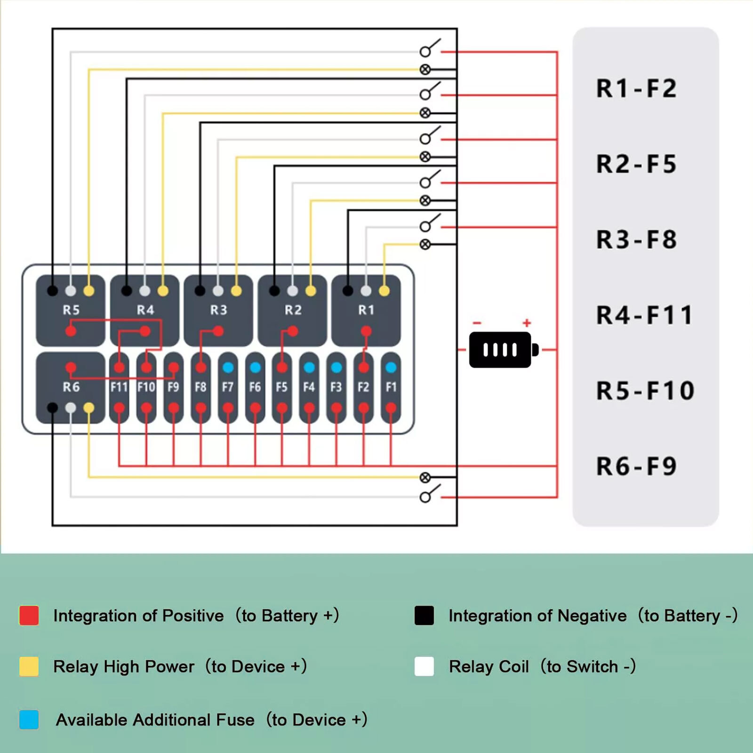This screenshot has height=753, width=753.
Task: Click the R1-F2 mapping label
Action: [636, 88]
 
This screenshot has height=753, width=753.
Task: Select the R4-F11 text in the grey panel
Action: [644, 315]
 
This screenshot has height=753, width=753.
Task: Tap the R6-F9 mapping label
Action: [636, 466]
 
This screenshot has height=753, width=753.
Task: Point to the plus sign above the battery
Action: [527, 323]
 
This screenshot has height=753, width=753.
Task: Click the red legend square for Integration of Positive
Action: [29, 616]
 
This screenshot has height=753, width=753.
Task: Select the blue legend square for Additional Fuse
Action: [29, 720]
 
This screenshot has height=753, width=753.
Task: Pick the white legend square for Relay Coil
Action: [424, 666]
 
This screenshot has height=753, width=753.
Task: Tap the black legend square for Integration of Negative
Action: [424, 616]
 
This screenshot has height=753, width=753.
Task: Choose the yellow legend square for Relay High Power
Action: [29, 666]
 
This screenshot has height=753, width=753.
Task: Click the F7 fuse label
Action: [228, 387]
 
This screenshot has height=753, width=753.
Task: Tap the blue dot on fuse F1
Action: [391, 367]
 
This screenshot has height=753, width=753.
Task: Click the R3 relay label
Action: [218, 310]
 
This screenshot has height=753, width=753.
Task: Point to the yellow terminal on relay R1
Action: [384, 291]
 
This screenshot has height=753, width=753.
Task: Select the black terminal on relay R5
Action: [53, 291]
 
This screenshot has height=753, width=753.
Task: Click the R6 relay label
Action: [71, 387]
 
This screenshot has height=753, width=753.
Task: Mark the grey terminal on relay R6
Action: [71, 408]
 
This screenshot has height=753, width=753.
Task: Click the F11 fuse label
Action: [119, 387]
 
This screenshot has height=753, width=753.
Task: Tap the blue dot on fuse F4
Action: [309, 367]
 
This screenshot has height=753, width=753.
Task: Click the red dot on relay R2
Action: [292, 331]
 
